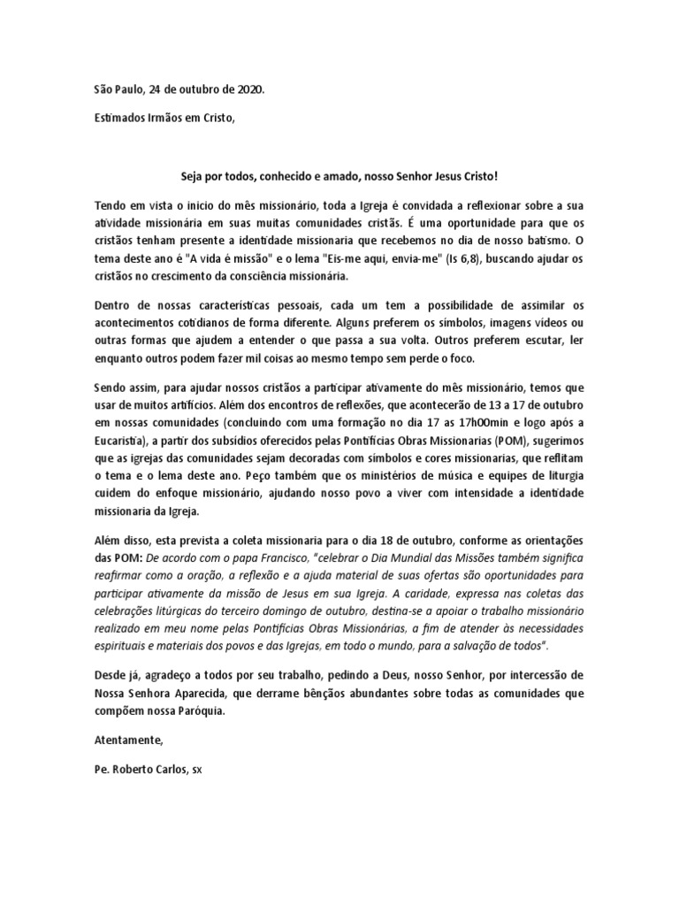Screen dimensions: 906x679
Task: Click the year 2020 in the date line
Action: [248, 89]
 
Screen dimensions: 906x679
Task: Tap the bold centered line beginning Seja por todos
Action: [339, 177]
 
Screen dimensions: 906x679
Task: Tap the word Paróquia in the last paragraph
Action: [200, 710]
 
